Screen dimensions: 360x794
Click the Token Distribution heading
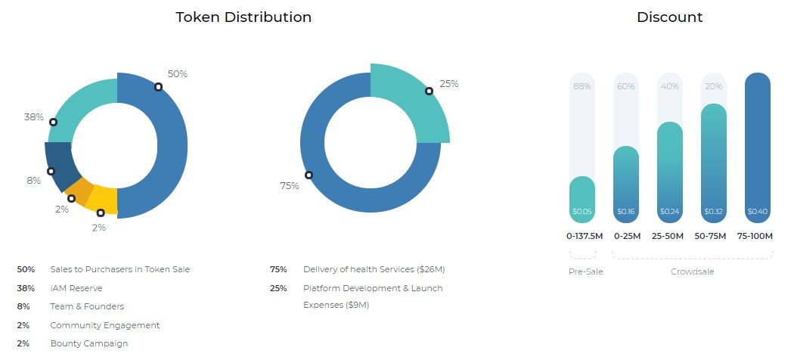coord(243,17)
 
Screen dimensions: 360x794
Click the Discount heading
coord(669,17)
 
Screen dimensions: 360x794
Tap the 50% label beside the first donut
coord(178,74)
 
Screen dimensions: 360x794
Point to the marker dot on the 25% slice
coord(429,92)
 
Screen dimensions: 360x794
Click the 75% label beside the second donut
coord(290,186)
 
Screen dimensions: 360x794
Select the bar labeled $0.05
coord(582,200)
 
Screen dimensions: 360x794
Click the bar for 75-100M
coord(757,147)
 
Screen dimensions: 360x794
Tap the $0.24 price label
coord(669,212)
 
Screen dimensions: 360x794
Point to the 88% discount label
coord(582,86)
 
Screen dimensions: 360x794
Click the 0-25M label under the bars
coord(626,237)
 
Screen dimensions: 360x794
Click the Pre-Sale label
coord(585,272)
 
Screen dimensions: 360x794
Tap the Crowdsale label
coord(692,272)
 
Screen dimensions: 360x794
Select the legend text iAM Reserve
coord(76,288)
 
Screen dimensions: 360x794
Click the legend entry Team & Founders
coord(87,306)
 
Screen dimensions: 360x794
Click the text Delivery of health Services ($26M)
coord(374,269)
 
